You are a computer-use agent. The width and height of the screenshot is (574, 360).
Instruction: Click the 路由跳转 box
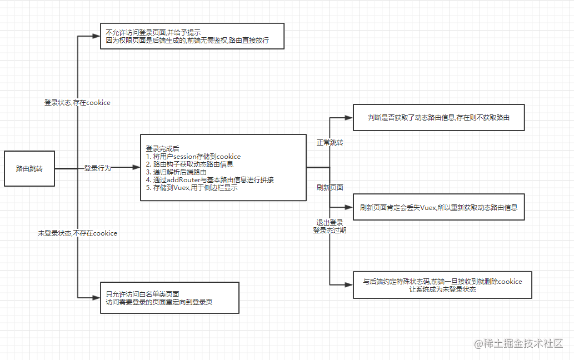[29, 169]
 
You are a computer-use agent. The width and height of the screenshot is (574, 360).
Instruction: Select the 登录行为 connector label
[97, 168]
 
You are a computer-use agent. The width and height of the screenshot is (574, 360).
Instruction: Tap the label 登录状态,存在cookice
[77, 103]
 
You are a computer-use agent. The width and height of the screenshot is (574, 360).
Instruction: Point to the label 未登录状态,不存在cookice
[78, 233]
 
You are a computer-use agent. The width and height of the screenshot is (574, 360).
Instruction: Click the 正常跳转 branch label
[330, 143]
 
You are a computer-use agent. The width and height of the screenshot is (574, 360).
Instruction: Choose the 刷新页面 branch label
[330, 188]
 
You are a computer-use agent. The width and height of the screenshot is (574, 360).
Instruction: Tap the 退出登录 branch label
[330, 222]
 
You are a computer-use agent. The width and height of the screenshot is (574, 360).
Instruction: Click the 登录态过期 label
[330, 231]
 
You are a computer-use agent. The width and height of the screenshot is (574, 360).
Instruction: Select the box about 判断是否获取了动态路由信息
[438, 117]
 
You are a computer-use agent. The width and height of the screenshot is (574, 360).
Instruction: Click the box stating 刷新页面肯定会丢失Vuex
[438, 207]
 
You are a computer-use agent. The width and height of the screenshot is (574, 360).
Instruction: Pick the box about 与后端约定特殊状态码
[442, 285]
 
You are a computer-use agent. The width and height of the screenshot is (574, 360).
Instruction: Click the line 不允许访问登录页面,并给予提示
[153, 33]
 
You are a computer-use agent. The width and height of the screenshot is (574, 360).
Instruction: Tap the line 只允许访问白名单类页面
[142, 294]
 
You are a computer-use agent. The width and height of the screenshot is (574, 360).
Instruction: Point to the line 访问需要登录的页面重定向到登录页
[159, 302]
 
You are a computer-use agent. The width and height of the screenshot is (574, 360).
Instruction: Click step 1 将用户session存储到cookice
[193, 157]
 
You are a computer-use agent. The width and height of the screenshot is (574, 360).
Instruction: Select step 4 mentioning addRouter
[209, 180]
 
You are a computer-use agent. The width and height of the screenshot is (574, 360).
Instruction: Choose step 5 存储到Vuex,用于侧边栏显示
[192, 188]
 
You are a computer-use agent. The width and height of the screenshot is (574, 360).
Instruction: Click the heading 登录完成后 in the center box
[163, 148]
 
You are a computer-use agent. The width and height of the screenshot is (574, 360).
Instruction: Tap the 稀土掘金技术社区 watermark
[519, 343]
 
